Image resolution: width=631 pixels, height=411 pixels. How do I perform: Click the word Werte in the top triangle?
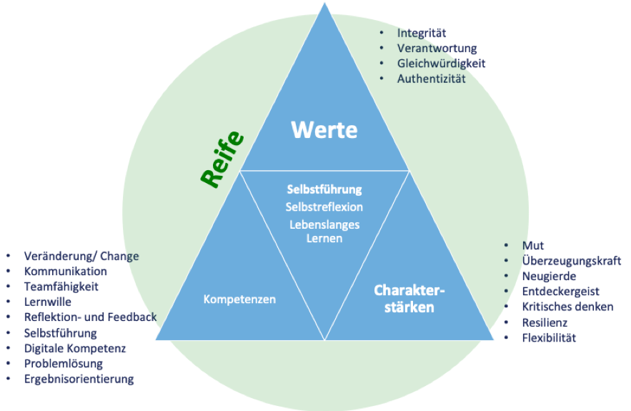tap(324, 130)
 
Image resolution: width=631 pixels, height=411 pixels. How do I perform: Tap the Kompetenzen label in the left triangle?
tap(239, 299)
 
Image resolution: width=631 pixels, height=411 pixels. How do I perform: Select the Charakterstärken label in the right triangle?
tap(409, 299)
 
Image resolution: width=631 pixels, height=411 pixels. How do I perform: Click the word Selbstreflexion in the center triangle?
tap(324, 207)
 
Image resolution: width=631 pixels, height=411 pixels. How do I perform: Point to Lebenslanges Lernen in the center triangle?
tap(324, 231)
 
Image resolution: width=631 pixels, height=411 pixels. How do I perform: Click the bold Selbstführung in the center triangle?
tap(324, 189)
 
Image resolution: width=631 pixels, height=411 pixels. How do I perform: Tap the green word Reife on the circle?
tap(223, 160)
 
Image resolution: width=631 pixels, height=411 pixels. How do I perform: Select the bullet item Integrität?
tap(422, 33)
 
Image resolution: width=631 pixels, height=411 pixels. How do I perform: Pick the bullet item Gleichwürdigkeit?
tap(441, 63)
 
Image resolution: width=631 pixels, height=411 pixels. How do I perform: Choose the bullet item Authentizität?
tap(431, 79)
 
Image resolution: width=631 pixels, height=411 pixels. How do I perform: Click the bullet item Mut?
tap(533, 245)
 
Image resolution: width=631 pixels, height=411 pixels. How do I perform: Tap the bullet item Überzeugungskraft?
tap(572, 261)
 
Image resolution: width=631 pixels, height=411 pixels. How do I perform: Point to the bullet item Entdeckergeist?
tap(561, 292)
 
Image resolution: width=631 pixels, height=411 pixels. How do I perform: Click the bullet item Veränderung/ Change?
tap(81, 255)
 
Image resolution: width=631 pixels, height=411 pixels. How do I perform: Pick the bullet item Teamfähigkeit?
tap(61, 286)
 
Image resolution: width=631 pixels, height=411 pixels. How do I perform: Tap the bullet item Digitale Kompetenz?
tap(75, 348)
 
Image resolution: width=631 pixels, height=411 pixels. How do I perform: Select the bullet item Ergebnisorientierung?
tap(79, 379)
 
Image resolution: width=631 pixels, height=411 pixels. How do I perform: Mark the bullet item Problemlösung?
tap(64, 364)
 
